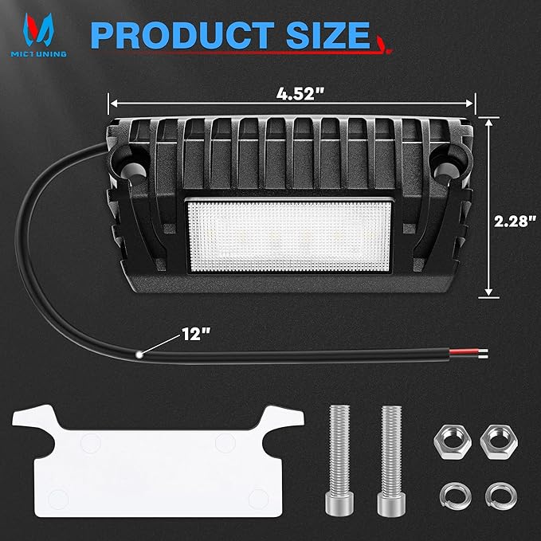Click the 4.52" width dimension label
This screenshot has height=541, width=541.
[300, 93]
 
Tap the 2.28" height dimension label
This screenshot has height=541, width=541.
[516, 221]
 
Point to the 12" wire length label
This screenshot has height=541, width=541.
[196, 334]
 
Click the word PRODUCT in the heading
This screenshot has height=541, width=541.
[182, 35]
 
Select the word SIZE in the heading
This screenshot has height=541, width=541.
[328, 35]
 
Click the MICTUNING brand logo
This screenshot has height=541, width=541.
[38, 35]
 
